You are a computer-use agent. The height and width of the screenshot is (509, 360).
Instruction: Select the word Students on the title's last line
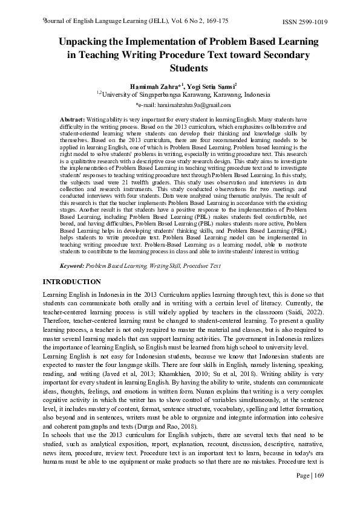180,68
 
